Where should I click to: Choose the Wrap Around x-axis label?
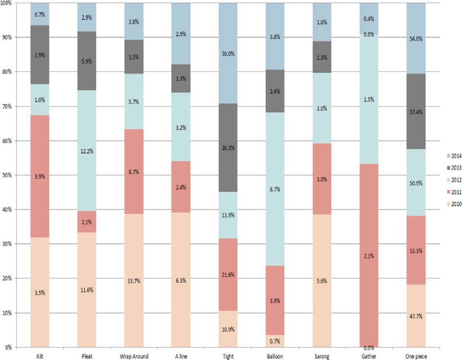(133, 356)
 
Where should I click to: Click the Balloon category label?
(276, 356)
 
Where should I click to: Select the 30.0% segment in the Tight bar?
(228, 53)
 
